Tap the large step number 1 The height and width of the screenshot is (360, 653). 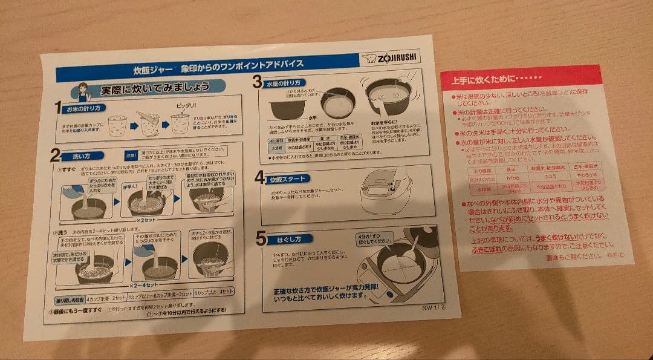[59, 109]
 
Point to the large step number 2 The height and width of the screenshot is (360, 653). [56, 154]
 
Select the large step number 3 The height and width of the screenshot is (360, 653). [257, 81]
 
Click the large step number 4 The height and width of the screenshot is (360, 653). [259, 177]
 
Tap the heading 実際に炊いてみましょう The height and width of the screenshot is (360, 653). [154, 90]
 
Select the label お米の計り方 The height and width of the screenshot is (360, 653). [85, 108]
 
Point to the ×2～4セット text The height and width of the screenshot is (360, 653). [144, 284]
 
